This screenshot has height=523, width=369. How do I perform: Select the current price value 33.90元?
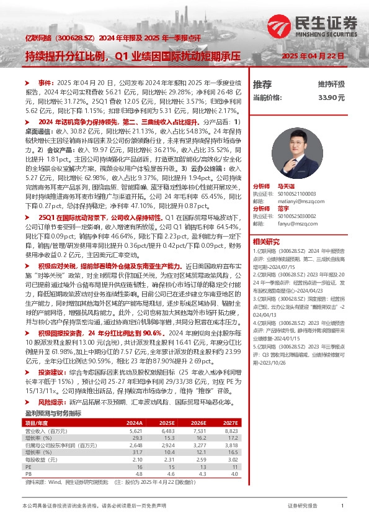pyautogui.click(x=331, y=98)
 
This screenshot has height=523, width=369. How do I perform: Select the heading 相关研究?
pyautogui.click(x=265, y=241)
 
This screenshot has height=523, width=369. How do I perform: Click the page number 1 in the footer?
pyautogui.click(x=343, y=507)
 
